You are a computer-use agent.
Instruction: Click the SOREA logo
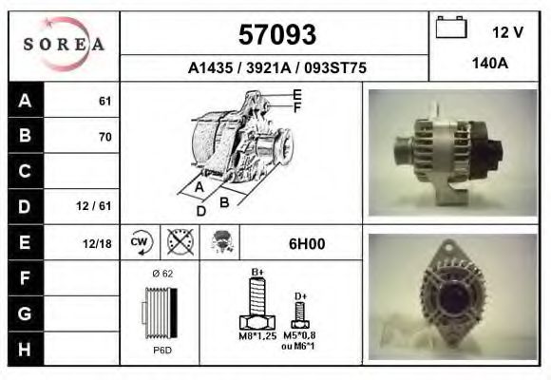pyautogui.click(x=63, y=45)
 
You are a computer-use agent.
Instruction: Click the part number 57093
pyautogui.click(x=275, y=34)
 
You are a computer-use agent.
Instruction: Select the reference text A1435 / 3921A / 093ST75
pyautogui.click(x=275, y=67)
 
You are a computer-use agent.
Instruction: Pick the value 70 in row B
pyautogui.click(x=104, y=137)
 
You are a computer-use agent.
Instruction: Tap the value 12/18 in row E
pyautogui.click(x=98, y=243)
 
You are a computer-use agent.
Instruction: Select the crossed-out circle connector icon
pyautogui.click(x=180, y=242)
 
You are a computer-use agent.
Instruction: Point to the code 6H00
pyautogui.click(x=306, y=243)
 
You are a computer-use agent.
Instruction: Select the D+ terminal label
pyautogui.click(x=300, y=296)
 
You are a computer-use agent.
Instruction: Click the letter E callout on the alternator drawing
pyautogui.click(x=297, y=94)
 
